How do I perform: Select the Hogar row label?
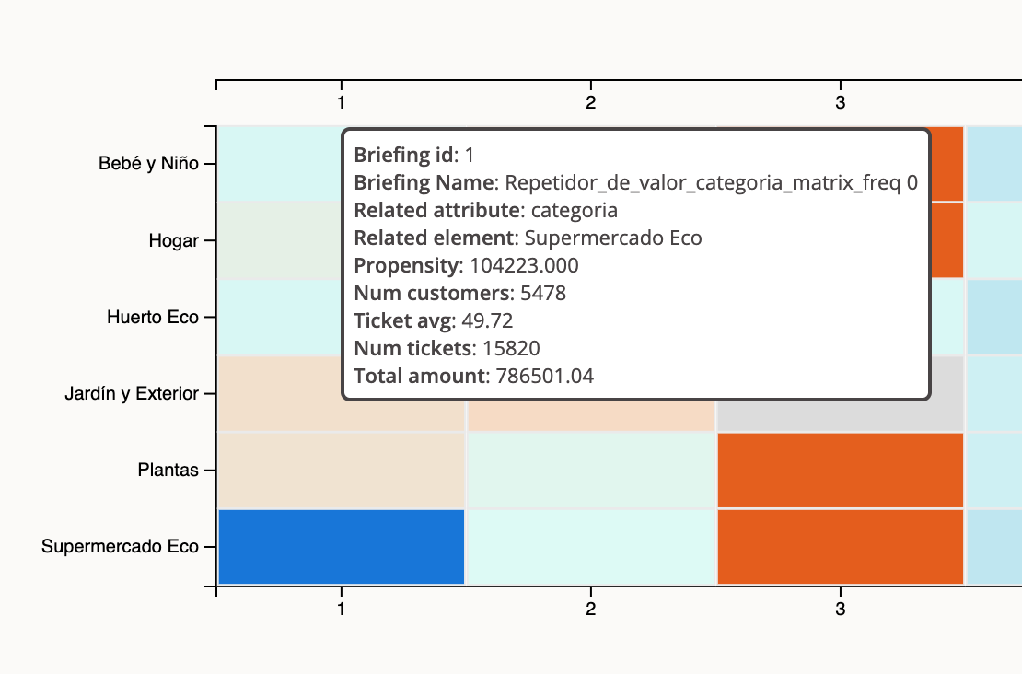(x=174, y=241)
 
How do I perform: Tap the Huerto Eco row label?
(x=153, y=318)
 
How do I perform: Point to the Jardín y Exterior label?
(x=132, y=394)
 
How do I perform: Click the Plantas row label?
(x=168, y=471)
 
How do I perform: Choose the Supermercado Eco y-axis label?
(x=120, y=547)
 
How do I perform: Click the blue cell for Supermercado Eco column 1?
(x=341, y=547)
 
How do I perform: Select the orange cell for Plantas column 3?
(x=840, y=471)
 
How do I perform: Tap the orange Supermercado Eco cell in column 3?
(x=840, y=547)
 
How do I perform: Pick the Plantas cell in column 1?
(x=341, y=471)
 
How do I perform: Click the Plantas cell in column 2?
(x=590, y=471)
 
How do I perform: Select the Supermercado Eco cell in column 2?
(x=590, y=547)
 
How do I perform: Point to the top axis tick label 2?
(x=590, y=103)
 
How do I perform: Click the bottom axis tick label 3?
(x=840, y=610)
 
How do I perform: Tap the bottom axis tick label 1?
(x=341, y=610)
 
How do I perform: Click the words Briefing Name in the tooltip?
(x=424, y=182)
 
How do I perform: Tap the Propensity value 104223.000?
(x=524, y=266)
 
